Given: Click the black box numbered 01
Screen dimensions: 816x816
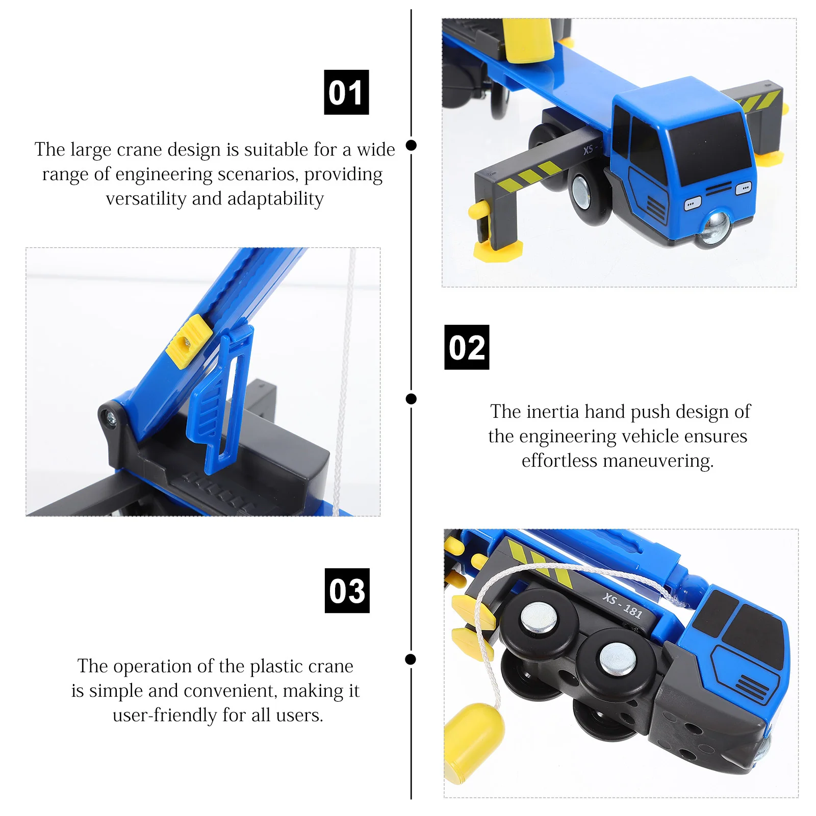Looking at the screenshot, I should (x=346, y=92).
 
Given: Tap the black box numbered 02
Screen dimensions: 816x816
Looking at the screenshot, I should (x=467, y=347).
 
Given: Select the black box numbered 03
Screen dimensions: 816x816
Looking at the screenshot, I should (x=347, y=591).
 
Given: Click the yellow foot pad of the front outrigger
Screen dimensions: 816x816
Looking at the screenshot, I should (x=497, y=251).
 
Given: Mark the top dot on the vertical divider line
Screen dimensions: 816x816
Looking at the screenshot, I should (x=411, y=145).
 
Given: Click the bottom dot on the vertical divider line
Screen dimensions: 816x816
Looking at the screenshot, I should (x=411, y=659).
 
